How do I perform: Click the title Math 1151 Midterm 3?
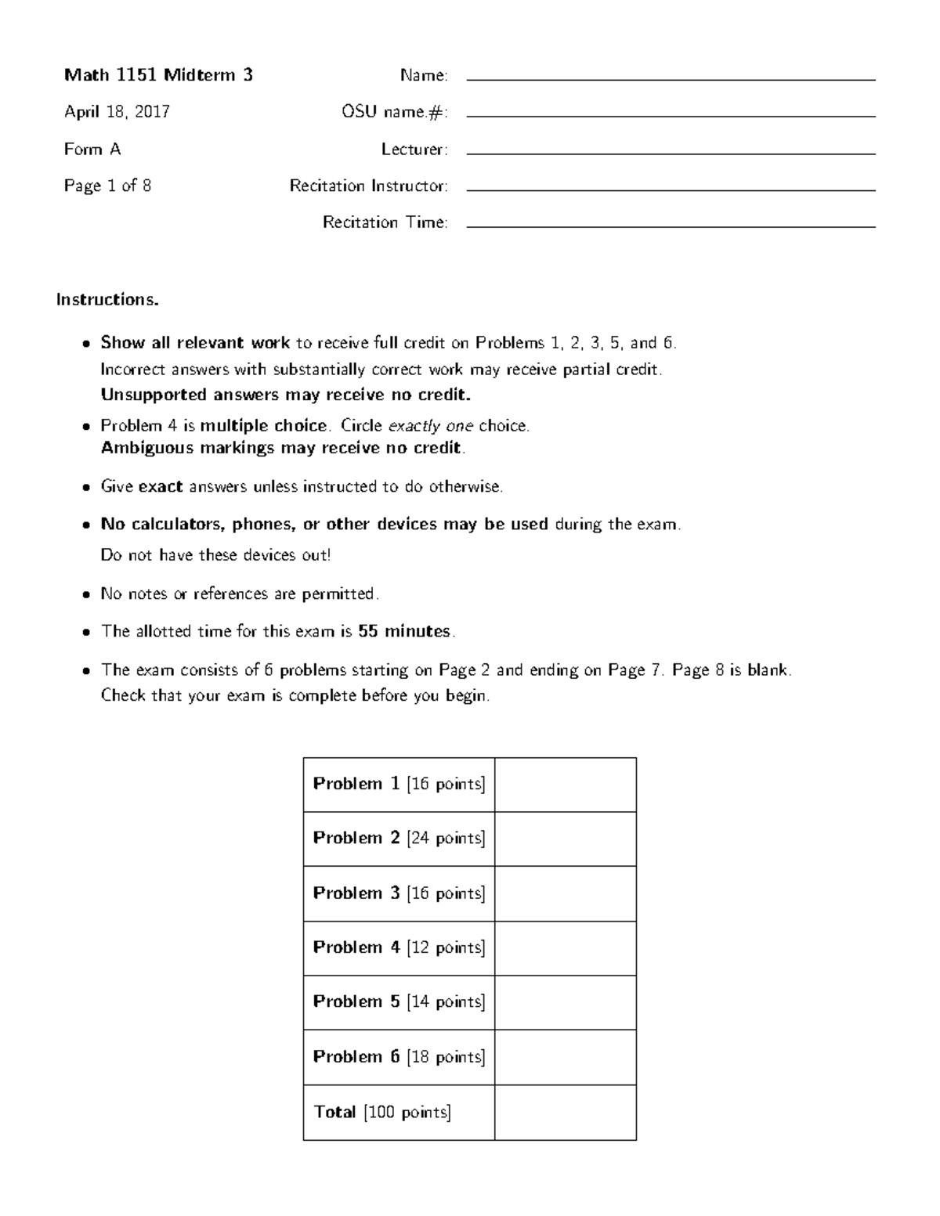click(x=158, y=75)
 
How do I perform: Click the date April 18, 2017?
click(x=117, y=112)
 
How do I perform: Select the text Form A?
click(x=92, y=149)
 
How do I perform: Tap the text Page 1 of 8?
click(x=107, y=186)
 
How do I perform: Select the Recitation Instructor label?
click(x=368, y=186)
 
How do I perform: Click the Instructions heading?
click(x=107, y=300)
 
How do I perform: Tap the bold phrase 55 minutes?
click(x=405, y=631)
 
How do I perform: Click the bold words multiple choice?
click(x=264, y=426)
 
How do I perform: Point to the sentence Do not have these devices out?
click(x=215, y=555)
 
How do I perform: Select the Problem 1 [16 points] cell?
click(x=399, y=784)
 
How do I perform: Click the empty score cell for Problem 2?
click(x=565, y=839)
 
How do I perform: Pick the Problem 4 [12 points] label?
click(x=399, y=947)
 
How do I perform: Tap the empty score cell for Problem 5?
click(x=565, y=1002)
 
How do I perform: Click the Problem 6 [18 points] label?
click(x=399, y=1057)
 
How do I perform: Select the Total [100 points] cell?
click(x=383, y=1112)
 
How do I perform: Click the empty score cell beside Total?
click(x=565, y=1112)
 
